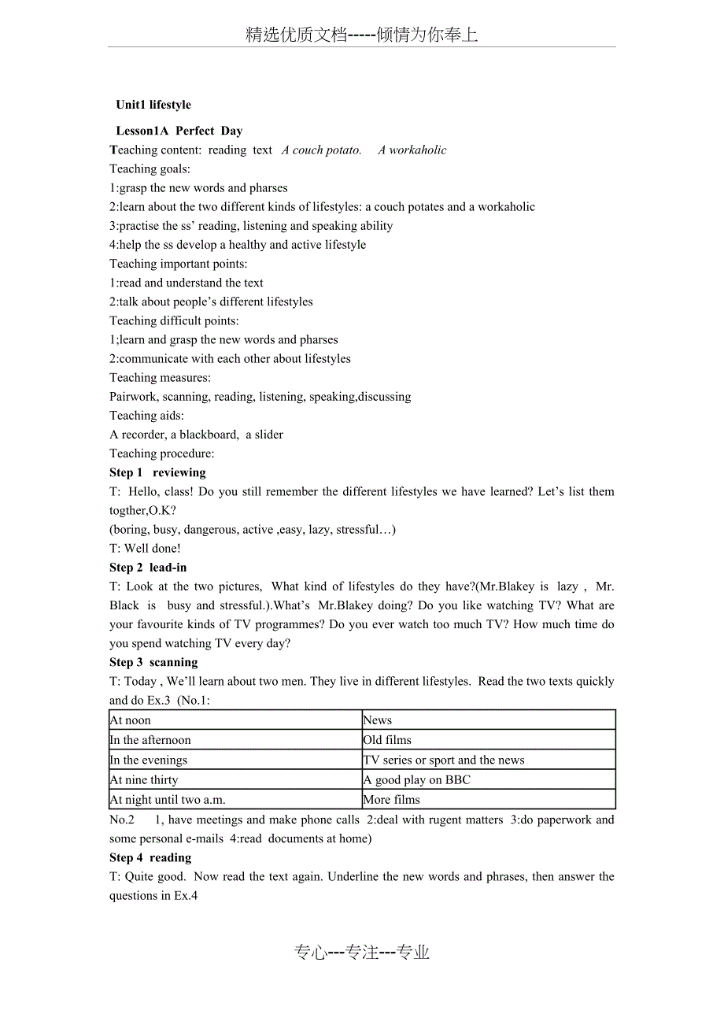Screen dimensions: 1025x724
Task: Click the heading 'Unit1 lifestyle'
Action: tap(153, 105)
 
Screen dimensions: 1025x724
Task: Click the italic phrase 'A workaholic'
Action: tap(412, 150)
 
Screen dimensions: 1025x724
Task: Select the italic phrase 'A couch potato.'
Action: tap(322, 150)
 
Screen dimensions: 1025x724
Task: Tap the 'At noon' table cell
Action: tap(131, 720)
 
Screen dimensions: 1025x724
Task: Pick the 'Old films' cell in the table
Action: tap(387, 740)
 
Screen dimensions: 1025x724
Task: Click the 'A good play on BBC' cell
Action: tap(416, 780)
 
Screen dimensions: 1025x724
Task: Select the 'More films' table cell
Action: tap(392, 800)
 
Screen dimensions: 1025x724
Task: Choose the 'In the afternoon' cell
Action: tap(150, 740)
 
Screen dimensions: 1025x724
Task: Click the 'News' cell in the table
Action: tap(378, 720)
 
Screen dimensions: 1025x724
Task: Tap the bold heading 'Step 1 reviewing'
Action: tap(157, 472)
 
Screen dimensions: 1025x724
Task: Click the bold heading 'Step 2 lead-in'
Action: tap(148, 568)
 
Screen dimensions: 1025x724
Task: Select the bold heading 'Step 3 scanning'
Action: tap(153, 662)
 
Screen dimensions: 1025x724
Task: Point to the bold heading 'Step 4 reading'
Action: tap(150, 857)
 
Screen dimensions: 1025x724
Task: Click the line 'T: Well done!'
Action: tap(145, 549)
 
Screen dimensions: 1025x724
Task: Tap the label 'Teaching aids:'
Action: tap(146, 416)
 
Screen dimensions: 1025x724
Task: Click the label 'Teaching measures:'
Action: tap(160, 378)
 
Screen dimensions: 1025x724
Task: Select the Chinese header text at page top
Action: tap(361, 35)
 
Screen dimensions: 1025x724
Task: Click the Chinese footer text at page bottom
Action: tap(362, 953)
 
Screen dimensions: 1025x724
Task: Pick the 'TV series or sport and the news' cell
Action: tap(444, 760)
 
